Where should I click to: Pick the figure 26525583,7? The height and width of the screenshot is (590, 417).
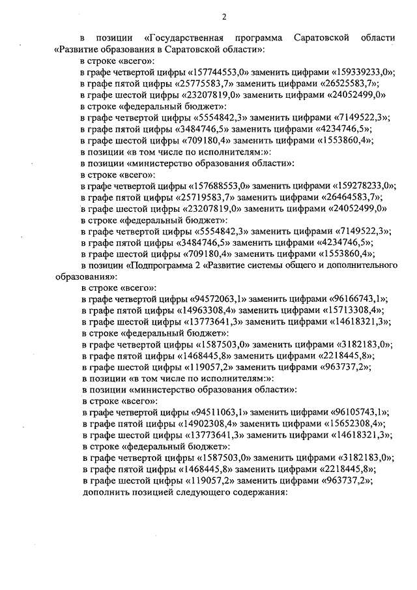tap(344, 83)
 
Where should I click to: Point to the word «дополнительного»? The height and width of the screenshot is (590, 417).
tap(362, 266)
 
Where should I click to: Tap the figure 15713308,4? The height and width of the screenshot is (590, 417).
tap(347, 311)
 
